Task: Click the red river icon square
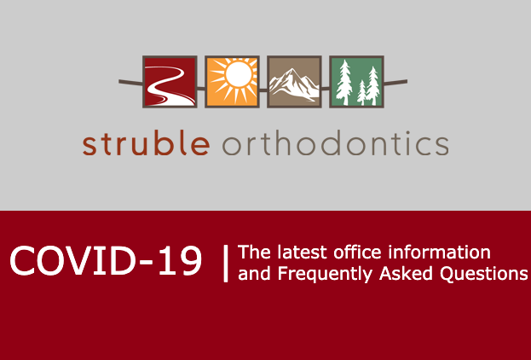coord(170,82)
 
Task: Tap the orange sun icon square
coord(233,82)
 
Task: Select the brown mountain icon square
coord(294,82)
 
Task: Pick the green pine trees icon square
coord(356,82)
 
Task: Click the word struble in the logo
coord(147,142)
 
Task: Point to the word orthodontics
coord(335,142)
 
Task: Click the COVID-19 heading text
coord(106,261)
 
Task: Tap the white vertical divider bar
coord(226,264)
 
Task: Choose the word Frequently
coord(325,274)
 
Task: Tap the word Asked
coord(406,273)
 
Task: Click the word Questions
coord(484,274)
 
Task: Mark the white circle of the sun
coord(239,73)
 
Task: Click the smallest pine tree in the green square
coord(361,92)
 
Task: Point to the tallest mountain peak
coord(291,70)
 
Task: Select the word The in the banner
coord(254,253)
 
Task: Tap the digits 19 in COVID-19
coord(180,261)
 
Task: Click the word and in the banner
coord(254,274)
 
